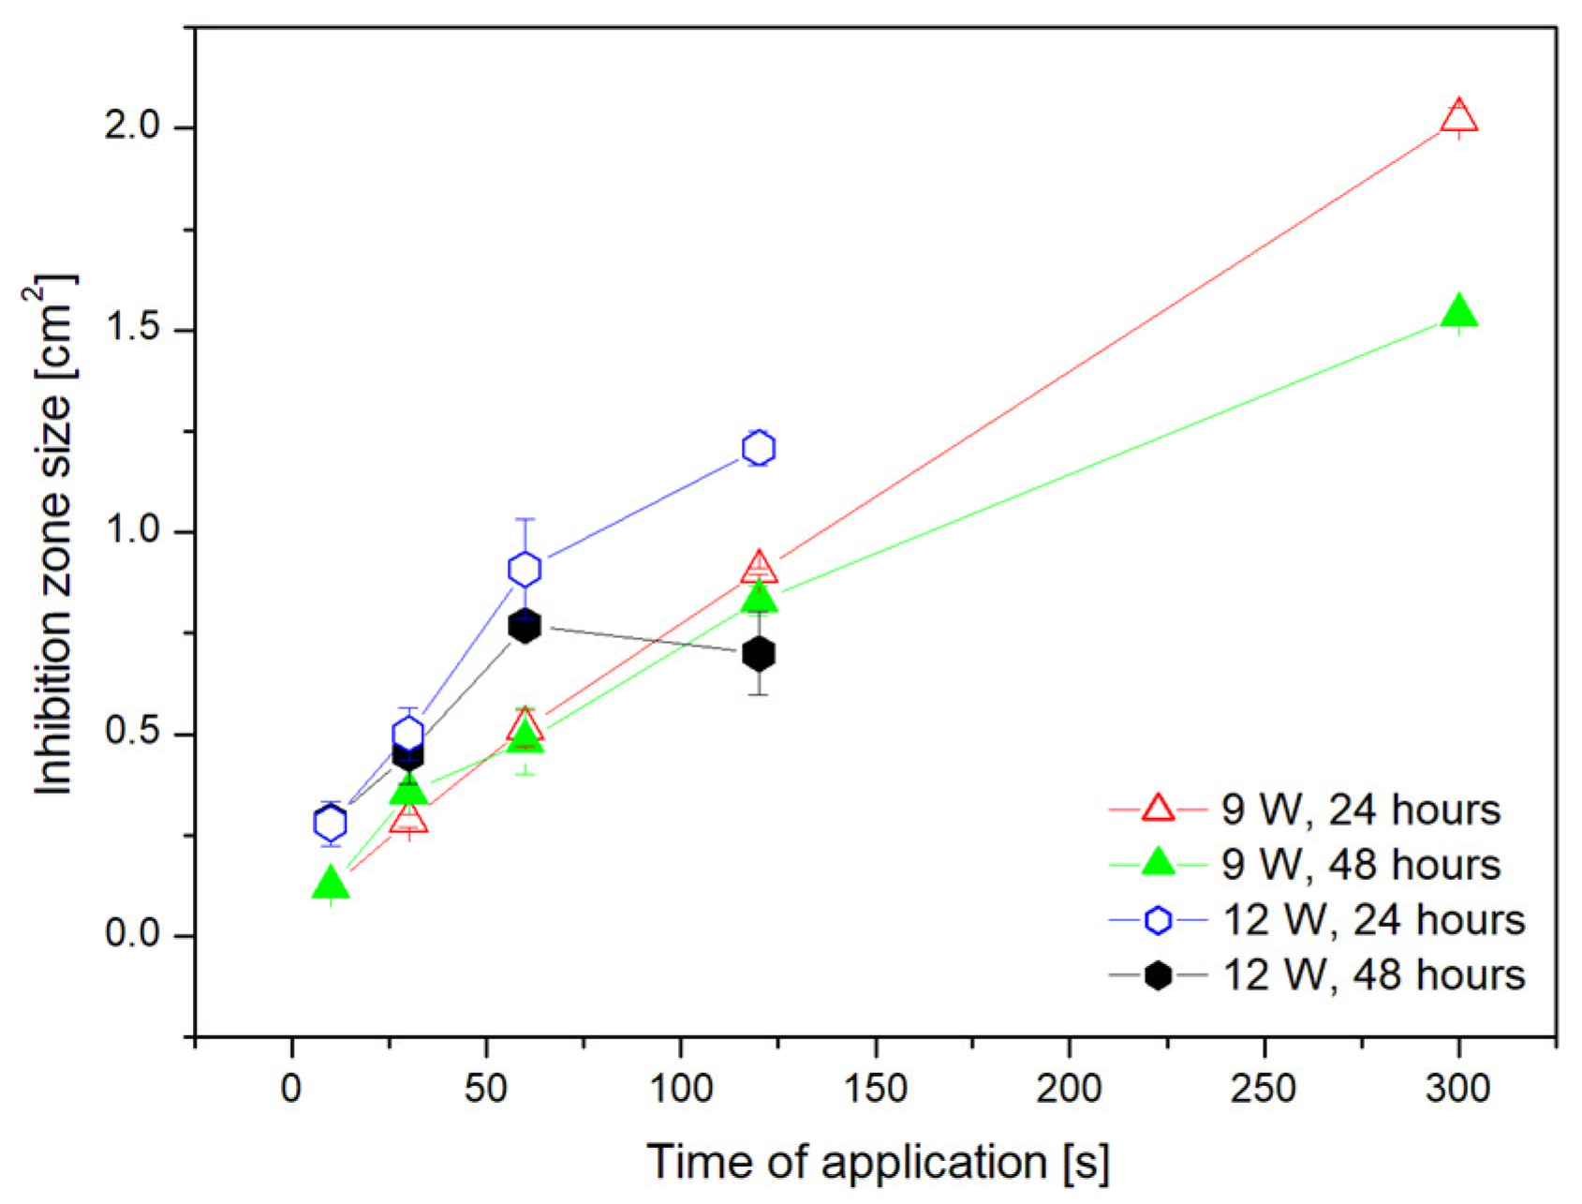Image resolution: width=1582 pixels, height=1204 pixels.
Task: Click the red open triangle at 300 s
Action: [x=1458, y=118]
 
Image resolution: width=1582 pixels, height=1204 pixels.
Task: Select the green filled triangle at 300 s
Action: [x=1458, y=313]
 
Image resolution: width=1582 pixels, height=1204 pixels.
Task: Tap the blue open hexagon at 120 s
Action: [x=759, y=449]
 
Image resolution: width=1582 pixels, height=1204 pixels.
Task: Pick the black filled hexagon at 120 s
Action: [x=759, y=653]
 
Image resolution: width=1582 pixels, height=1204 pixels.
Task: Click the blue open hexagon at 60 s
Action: [x=525, y=569]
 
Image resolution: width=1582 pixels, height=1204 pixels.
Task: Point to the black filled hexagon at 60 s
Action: [x=525, y=627]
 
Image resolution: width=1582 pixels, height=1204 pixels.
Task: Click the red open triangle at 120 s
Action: [x=759, y=568]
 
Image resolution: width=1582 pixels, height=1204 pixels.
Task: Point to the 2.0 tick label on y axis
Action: [x=136, y=127]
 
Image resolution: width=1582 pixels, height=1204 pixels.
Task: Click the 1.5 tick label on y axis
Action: [x=136, y=330]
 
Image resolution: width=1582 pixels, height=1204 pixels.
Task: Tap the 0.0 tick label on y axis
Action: [x=136, y=935]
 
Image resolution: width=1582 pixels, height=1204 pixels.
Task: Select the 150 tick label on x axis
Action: [x=875, y=1090]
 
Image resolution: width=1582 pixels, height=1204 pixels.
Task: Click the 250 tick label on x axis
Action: [x=1264, y=1090]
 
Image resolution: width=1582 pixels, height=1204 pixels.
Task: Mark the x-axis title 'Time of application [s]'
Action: [x=878, y=1163]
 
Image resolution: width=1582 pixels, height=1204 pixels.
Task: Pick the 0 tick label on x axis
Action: [x=291, y=1090]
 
